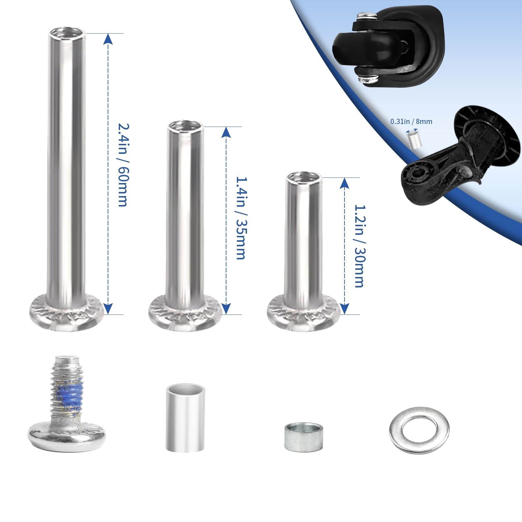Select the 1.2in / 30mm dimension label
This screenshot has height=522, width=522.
[x=359, y=246]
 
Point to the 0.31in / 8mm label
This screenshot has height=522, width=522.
[x=411, y=121]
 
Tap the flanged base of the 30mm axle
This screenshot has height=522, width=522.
[x=304, y=313]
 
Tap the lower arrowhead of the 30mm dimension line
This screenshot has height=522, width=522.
[x=345, y=309]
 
